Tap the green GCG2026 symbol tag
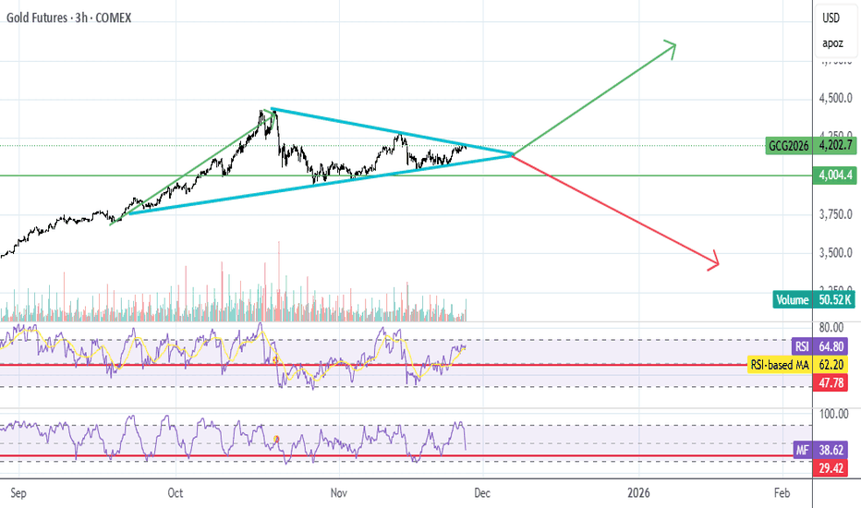[x=789, y=145]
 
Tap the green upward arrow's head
[x=673, y=45]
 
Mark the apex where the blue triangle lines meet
[x=513, y=154]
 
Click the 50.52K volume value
[x=836, y=299]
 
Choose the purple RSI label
[x=802, y=346]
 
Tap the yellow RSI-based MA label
[x=778, y=364]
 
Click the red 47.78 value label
[x=834, y=381]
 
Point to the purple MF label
[x=802, y=451]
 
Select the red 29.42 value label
[x=834, y=467]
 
